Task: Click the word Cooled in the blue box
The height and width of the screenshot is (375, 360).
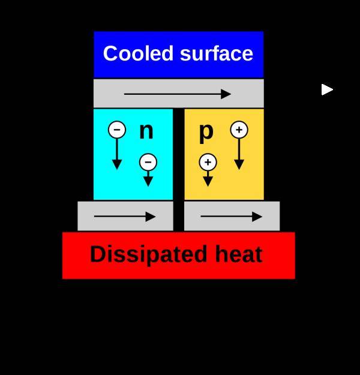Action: [x=138, y=53]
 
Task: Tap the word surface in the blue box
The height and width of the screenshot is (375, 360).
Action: [x=217, y=53]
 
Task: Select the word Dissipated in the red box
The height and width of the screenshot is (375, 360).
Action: [x=148, y=255]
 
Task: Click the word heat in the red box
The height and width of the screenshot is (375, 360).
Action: [x=239, y=254]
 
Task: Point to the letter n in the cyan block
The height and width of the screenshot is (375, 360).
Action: [x=146, y=131]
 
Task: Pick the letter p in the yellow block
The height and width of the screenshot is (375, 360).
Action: [x=206, y=133]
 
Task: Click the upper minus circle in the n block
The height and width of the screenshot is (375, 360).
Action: [x=117, y=130]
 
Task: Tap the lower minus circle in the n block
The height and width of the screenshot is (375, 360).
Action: [x=148, y=162]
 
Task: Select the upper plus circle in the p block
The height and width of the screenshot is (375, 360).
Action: [x=239, y=130]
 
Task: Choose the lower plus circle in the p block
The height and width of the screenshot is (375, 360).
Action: [x=208, y=162]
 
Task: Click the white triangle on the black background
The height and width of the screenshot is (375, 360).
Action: [x=327, y=89]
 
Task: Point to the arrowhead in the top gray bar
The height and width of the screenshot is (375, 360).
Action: [x=226, y=94]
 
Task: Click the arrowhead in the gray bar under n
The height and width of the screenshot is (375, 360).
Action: [x=151, y=217]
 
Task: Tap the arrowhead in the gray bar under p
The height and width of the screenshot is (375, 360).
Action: [x=257, y=217]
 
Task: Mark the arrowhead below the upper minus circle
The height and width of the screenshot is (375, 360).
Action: [x=117, y=164]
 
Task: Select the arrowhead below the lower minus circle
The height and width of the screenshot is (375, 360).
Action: [x=148, y=181]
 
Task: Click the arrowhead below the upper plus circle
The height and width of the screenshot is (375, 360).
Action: [x=239, y=164]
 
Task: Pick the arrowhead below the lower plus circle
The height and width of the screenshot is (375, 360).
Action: [x=208, y=181]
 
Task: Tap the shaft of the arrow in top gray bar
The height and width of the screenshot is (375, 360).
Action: [x=172, y=94]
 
